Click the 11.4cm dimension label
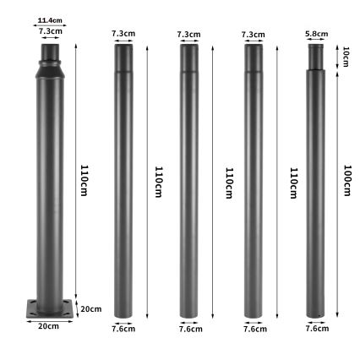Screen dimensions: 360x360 tap(50, 20)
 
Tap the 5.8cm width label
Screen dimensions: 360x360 tap(317, 34)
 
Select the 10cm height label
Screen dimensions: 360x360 tap(345, 57)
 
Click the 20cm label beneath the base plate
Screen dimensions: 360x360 tap(48, 325)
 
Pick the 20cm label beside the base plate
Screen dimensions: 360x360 tap(90, 308)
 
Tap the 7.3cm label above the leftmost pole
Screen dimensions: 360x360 tap(50, 30)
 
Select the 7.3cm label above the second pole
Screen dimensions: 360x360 tap(123, 34)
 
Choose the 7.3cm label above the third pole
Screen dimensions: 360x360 tap(188, 34)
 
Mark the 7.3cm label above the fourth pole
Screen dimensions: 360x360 tap(253, 34)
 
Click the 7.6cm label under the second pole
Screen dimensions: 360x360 tap(123, 328)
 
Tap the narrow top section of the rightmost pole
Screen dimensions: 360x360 tap(317, 57)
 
